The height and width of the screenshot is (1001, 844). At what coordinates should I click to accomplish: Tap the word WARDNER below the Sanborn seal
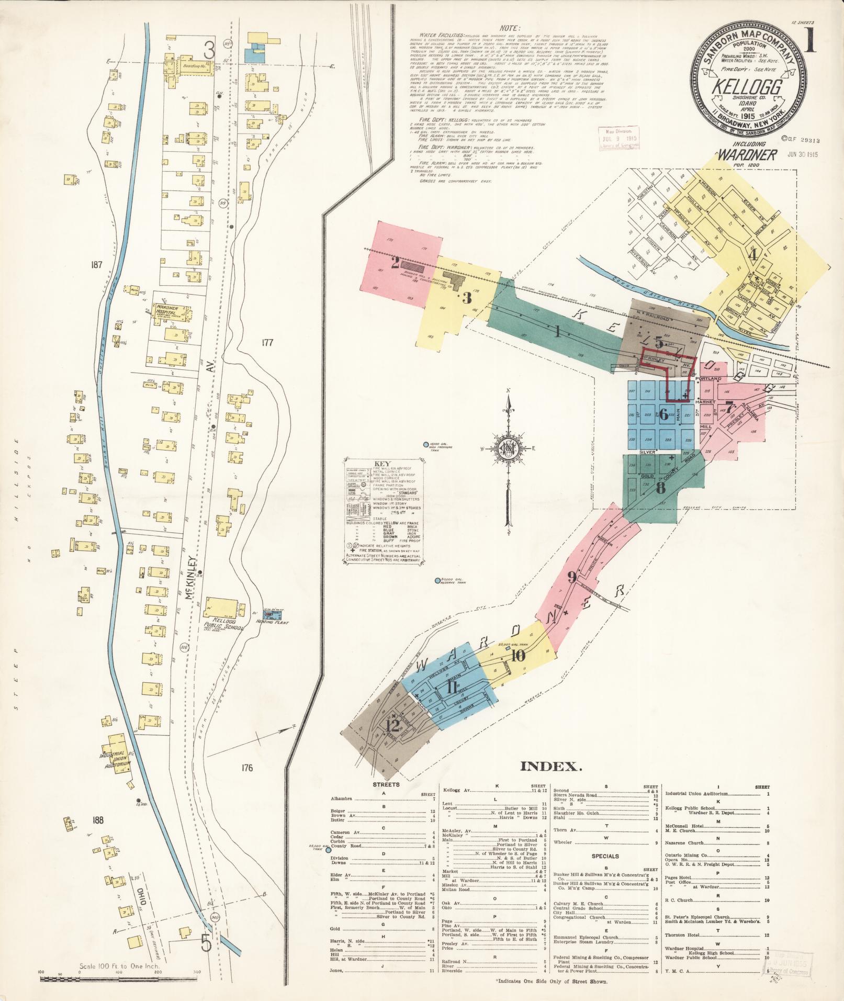[x=747, y=155]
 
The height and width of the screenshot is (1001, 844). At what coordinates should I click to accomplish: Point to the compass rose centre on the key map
[x=507, y=448]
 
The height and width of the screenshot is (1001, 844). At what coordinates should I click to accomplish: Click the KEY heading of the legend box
[x=382, y=464]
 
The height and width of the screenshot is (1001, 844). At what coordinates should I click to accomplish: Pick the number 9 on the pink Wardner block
[x=572, y=578]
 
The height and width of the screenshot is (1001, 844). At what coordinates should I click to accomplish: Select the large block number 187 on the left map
[x=96, y=265]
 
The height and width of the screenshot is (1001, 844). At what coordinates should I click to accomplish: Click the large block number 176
[x=247, y=768]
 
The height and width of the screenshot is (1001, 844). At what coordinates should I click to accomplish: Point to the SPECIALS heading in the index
[x=605, y=856]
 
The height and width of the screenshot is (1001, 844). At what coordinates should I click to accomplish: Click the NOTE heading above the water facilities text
[x=510, y=28]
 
